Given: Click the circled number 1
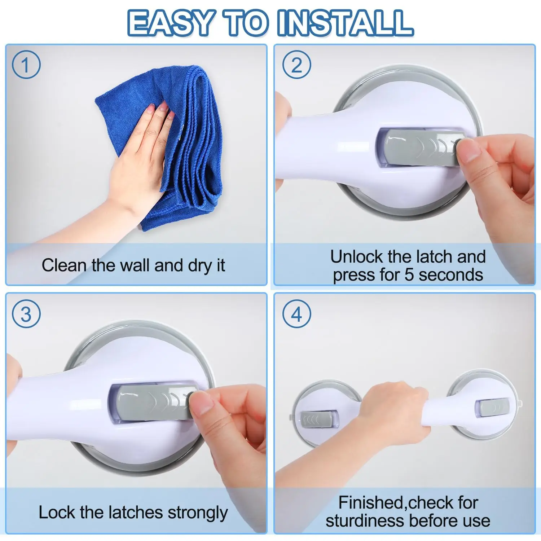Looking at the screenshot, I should (26, 65).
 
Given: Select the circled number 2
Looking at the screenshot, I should (296, 65).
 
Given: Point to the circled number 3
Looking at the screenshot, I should (26, 314).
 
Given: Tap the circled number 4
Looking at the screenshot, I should (296, 314).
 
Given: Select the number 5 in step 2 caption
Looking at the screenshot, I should (409, 275).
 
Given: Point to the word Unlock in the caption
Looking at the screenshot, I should (356, 257).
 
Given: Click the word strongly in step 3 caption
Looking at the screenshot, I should (198, 513).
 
